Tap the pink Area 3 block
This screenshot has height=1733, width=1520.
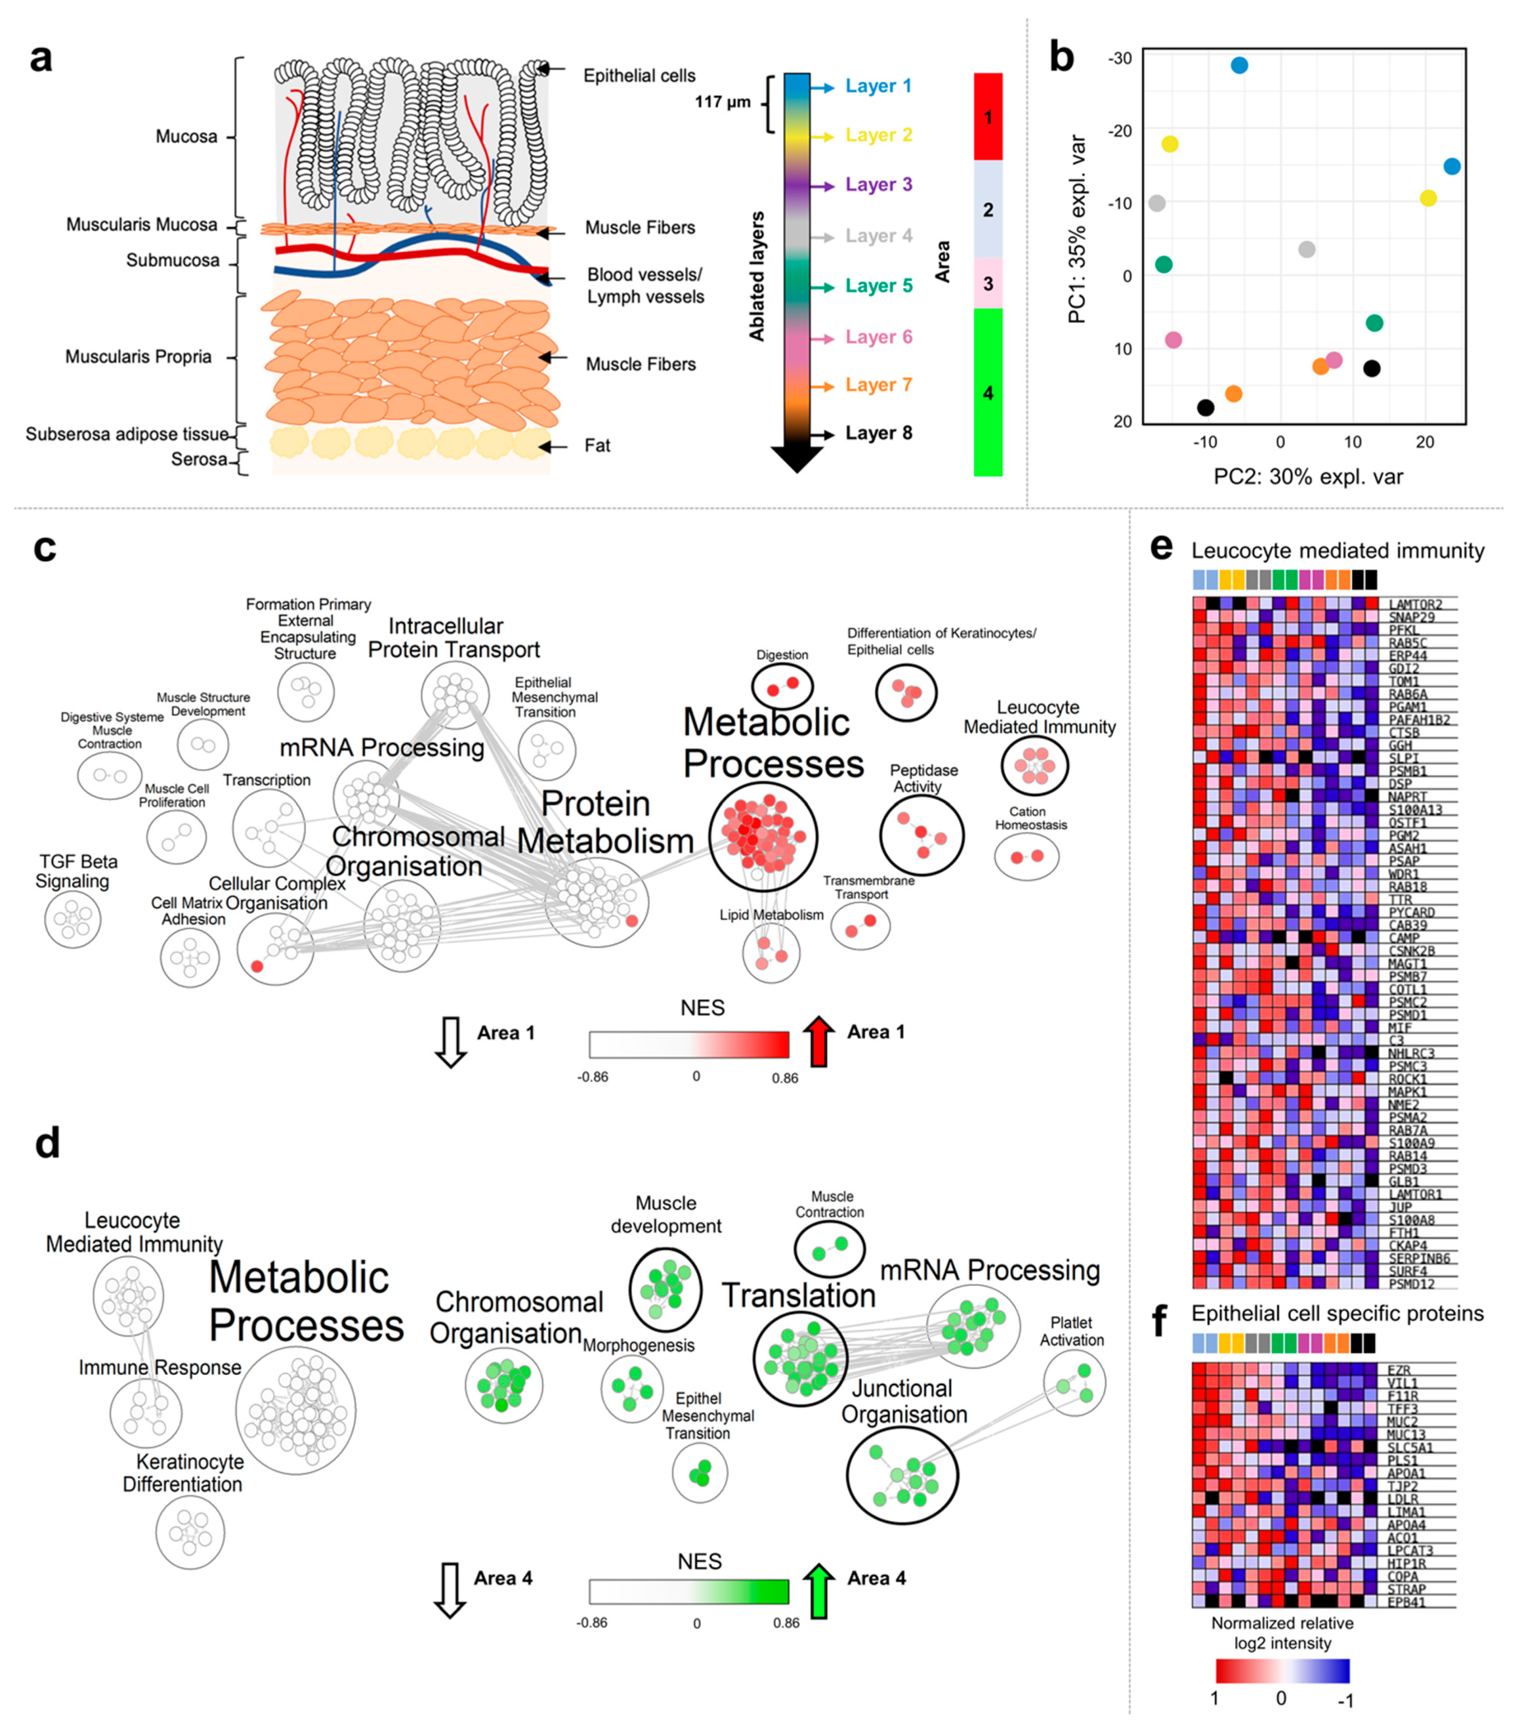tap(988, 283)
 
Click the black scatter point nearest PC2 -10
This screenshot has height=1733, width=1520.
tap(1205, 408)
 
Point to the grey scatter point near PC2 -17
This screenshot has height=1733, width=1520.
tap(1156, 203)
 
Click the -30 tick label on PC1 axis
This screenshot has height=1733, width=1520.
tap(1119, 59)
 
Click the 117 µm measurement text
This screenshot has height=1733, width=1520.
tap(722, 103)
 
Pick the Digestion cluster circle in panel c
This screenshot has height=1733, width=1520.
tap(781, 685)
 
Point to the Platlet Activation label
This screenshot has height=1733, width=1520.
tap(1072, 1331)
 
